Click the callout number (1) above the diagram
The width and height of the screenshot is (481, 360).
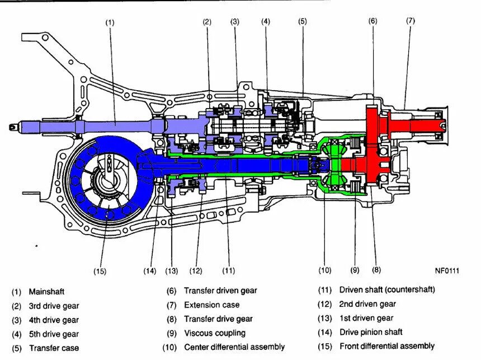point(110,22)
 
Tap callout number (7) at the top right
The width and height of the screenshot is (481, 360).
point(411,21)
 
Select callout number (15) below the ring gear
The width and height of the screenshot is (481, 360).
point(100,272)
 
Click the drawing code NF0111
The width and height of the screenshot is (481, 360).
point(447,271)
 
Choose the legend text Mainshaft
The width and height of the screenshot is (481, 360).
point(46,292)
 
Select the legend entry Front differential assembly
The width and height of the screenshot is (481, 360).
point(386,346)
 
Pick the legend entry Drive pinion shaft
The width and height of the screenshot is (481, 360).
point(370,332)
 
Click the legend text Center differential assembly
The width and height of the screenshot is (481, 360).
point(234,347)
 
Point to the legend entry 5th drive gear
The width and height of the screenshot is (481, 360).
point(54,334)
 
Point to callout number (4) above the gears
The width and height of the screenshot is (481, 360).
point(266,22)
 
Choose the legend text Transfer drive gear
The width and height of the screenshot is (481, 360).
point(218,319)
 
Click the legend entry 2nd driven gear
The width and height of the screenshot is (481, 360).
point(367,304)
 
